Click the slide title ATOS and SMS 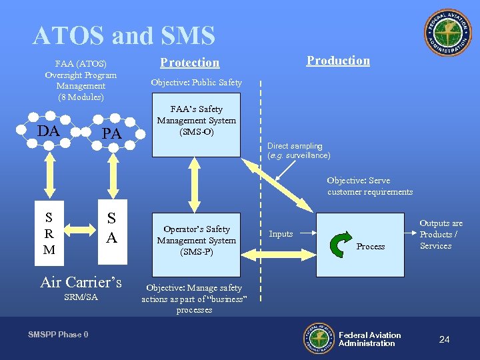click(123, 35)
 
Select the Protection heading click(189, 63)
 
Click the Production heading click(338, 61)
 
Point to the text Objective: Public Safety click(196, 83)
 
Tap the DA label click(49, 131)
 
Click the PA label click(111, 134)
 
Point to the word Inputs click(281, 234)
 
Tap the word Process click(371, 247)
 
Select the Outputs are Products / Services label click(441, 235)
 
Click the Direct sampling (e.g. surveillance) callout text click(299, 151)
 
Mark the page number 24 click(444, 340)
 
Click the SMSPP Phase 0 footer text click(58, 335)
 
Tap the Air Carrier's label click(81, 282)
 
